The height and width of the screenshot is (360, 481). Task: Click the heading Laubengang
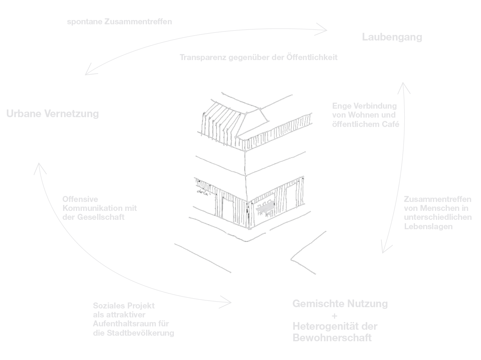click(392, 37)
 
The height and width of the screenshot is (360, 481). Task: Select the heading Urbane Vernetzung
click(52, 114)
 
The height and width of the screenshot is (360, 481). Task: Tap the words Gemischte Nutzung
click(340, 304)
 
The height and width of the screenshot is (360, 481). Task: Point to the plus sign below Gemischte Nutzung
click(334, 316)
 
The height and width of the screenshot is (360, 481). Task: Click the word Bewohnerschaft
click(332, 338)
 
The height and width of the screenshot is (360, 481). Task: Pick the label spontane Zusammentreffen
click(120, 21)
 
